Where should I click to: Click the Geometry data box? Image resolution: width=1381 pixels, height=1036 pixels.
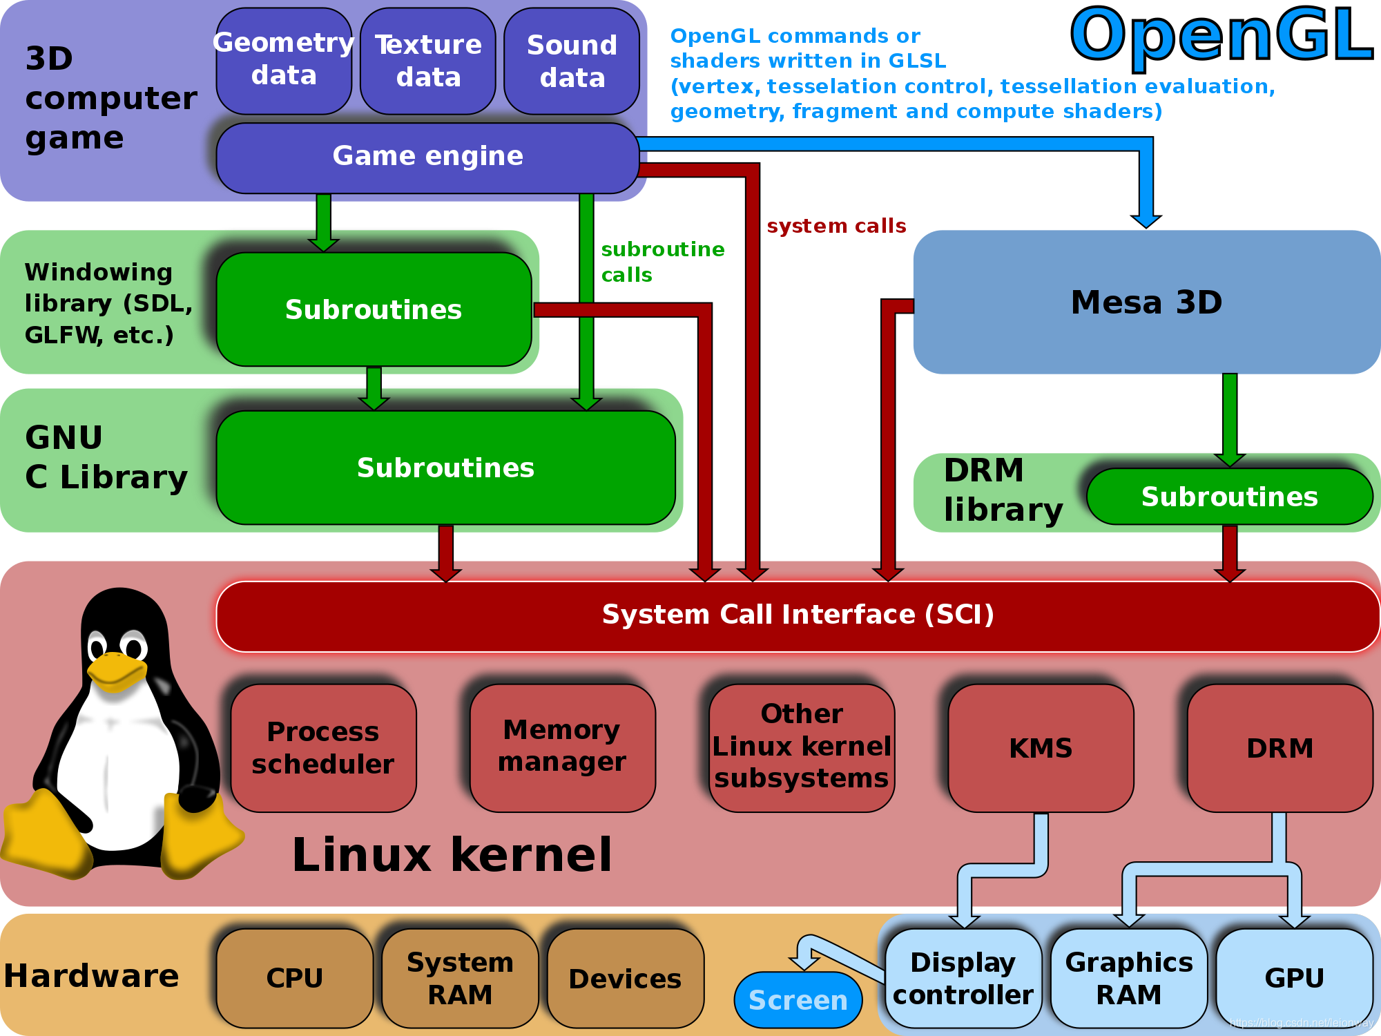pos(284,61)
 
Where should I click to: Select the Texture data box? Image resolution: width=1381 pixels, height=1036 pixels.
pos(428,61)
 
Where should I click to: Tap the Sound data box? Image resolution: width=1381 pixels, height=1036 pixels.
pos(572,61)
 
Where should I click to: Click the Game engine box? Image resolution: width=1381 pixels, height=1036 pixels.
pos(427,157)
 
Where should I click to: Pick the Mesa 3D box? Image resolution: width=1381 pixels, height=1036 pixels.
pos(1146,302)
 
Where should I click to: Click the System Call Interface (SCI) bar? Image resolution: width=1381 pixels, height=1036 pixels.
pos(798,615)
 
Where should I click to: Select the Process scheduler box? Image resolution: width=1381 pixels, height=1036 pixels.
pos(323,748)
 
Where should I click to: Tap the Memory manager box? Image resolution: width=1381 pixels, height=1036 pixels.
pos(562,747)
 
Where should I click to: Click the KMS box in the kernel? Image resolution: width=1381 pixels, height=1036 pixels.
pos(1041,748)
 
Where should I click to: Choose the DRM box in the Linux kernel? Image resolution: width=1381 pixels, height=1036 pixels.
pos(1279,748)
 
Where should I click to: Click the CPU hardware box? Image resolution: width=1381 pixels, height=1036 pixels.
pos(295,978)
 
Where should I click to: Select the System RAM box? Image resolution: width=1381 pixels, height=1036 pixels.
pos(460,978)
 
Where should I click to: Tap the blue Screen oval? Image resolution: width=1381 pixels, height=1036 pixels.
pos(798,1000)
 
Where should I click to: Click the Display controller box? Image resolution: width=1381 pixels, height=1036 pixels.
pos(963,978)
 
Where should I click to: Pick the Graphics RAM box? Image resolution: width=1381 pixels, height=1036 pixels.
pos(1129,978)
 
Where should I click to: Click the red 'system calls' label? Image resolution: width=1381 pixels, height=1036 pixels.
pos(836,227)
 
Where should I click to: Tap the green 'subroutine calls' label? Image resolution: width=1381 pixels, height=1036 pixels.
pos(661,262)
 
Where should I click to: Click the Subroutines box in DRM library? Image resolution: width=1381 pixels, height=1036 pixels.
pos(1229,497)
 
